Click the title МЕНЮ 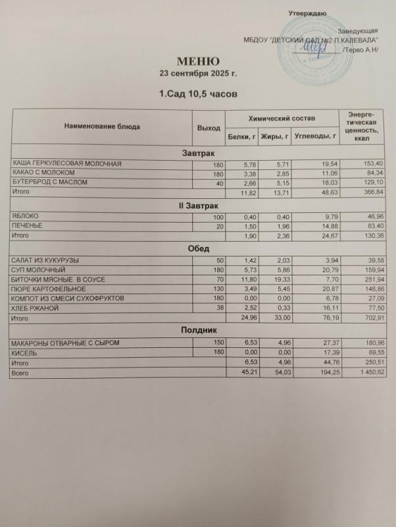[x=199, y=60]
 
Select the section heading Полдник [x=198, y=329]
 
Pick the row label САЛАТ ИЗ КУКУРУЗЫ [x=42, y=262]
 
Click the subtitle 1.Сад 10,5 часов [x=198, y=95]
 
